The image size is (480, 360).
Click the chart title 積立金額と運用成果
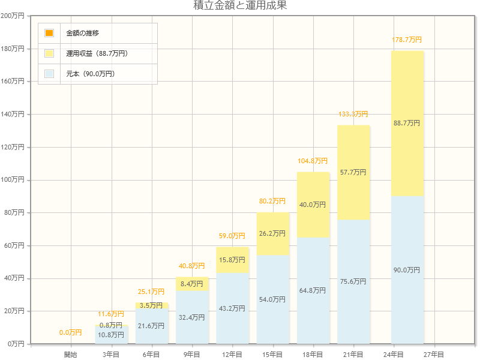pyautogui.click(x=240, y=6)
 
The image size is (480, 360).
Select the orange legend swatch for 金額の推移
pyautogui.click(x=49, y=33)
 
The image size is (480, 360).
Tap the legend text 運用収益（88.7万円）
pyautogui.click(x=97, y=53)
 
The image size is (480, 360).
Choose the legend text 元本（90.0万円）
pyautogui.click(x=91, y=74)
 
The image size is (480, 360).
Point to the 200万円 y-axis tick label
pyautogui.click(x=13, y=16)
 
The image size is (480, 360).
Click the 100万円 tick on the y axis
pyautogui.click(x=13, y=180)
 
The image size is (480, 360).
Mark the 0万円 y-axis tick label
pyautogui.click(x=15, y=344)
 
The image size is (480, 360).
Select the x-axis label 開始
pyautogui.click(x=71, y=355)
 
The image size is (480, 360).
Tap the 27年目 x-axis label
pyautogui.click(x=434, y=355)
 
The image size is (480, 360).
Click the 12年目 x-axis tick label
pyautogui.click(x=232, y=355)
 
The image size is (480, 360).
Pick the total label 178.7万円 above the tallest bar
pyautogui.click(x=407, y=40)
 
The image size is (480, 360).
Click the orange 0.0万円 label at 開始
pyautogui.click(x=71, y=332)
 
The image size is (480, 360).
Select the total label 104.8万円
pyautogui.click(x=313, y=161)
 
